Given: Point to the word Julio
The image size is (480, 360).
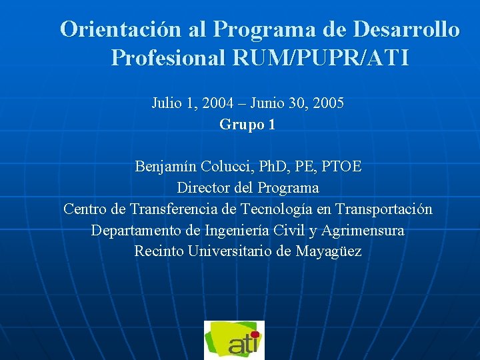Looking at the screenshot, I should [x=165, y=103].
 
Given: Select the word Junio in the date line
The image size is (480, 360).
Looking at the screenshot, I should [x=265, y=103].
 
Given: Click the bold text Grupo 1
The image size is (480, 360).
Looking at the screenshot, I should [x=247, y=124].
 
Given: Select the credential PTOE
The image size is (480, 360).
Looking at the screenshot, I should [x=341, y=166].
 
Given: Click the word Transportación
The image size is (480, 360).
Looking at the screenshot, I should [x=383, y=209].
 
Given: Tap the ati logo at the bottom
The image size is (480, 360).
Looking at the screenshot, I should [x=234, y=340].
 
